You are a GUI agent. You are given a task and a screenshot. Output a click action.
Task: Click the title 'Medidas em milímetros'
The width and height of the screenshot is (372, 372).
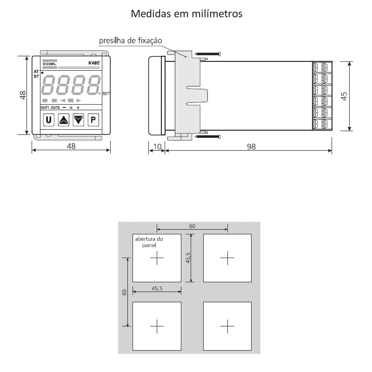[x=186, y=13]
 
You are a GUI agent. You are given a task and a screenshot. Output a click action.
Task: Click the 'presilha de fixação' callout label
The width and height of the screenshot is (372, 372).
[x=130, y=41]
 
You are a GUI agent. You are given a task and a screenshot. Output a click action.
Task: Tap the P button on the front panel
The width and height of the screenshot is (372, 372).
[x=93, y=120]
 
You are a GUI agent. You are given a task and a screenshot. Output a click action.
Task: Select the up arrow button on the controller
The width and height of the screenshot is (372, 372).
[x=64, y=120]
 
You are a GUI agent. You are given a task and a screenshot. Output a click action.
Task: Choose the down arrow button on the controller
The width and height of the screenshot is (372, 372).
[x=79, y=120]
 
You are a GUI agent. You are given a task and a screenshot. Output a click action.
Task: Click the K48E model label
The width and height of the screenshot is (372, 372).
[x=94, y=63]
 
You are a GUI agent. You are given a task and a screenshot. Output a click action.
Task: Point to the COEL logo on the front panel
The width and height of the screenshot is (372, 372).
[x=50, y=64]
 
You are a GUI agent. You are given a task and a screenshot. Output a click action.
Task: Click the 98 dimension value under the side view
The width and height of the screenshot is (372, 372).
[x=251, y=146]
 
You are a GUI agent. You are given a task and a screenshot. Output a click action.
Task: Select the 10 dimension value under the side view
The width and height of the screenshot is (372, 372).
[x=157, y=146]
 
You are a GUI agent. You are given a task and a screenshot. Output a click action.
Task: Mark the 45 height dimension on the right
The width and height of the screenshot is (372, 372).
[x=344, y=96]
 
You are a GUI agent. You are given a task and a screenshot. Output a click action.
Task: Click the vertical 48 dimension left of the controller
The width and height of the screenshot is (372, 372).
[x=23, y=95]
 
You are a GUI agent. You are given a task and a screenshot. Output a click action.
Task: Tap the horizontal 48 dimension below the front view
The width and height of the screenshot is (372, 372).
[x=71, y=146]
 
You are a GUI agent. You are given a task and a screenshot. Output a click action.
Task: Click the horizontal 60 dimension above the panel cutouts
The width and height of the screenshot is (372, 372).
[x=192, y=226]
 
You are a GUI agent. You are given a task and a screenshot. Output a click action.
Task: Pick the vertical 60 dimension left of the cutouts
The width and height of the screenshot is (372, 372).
[x=124, y=292]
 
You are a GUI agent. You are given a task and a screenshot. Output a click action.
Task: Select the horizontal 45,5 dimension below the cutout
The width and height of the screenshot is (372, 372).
[x=157, y=288]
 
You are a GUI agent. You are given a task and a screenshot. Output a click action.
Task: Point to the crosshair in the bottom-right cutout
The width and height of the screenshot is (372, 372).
[x=227, y=326]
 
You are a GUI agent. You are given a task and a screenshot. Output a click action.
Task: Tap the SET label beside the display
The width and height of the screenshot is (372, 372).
[x=106, y=93]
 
